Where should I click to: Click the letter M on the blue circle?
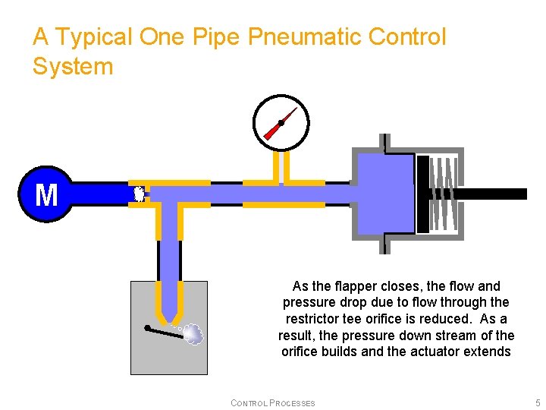[x=46, y=194]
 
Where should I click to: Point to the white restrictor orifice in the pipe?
[x=139, y=194]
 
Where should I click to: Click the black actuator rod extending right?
[x=493, y=194]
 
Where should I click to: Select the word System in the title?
[x=73, y=66]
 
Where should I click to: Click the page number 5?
[x=537, y=402]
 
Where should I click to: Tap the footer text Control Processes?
[x=272, y=402]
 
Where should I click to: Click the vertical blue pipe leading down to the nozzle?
[x=169, y=258]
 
